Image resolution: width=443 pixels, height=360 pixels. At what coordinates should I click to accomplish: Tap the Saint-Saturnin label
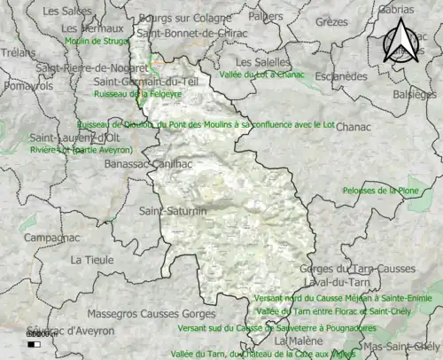[x=173, y=211]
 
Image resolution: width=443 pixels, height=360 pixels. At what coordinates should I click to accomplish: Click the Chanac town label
[x=354, y=128]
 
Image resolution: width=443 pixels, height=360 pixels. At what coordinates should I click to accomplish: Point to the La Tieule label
[x=92, y=260]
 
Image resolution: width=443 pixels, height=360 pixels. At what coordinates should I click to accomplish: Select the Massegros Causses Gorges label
[x=151, y=314]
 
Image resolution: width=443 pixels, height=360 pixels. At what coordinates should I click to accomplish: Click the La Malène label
[x=295, y=340]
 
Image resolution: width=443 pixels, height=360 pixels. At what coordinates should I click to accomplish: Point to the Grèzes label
[x=332, y=21]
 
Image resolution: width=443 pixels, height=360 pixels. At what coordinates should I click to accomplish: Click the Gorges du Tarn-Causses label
[x=357, y=269]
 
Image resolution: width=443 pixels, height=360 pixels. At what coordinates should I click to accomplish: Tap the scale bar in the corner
[x=35, y=343]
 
